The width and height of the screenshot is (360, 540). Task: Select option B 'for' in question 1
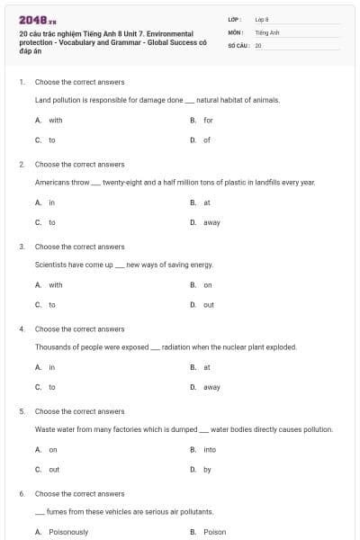pos(207,120)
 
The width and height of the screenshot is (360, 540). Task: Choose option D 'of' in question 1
pos(206,139)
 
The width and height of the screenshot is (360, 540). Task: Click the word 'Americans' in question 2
pos(51,182)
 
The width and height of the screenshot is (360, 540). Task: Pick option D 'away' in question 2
pos(211,222)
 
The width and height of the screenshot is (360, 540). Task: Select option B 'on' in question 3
pos(207,285)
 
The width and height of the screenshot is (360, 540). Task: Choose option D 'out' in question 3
pos(208,305)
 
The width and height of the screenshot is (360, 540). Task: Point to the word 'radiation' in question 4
pos(177,346)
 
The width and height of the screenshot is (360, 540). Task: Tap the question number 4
pos(22,328)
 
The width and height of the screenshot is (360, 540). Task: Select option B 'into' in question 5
pos(209,449)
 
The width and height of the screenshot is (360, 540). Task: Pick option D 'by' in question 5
pos(207,469)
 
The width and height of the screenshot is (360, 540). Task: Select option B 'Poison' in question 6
pos(214,532)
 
